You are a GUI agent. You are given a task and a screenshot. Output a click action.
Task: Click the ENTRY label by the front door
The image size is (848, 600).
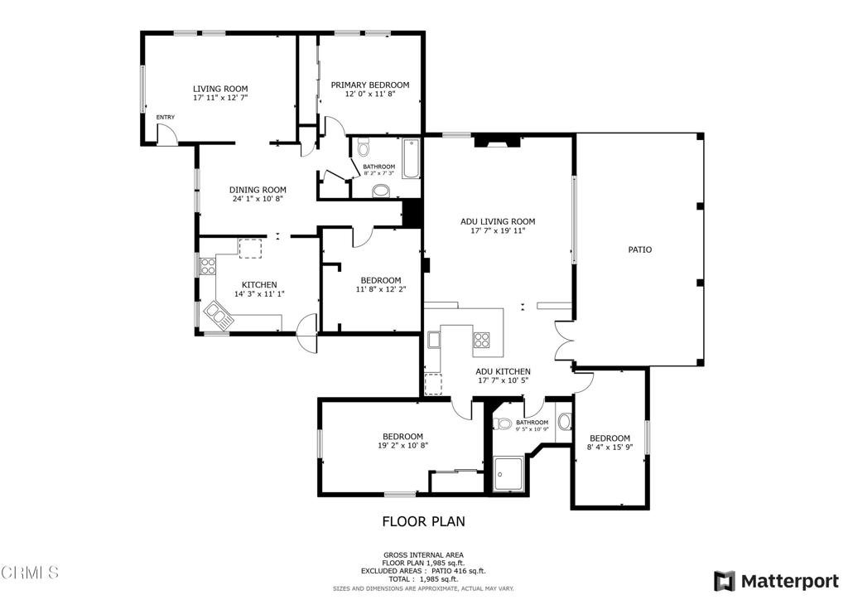[166, 117]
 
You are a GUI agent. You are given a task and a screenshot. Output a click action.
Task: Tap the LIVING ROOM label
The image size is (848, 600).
[220, 89]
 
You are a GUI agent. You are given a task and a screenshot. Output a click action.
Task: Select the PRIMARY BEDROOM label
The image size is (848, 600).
[370, 85]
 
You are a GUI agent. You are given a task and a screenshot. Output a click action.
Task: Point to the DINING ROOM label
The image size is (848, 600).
[258, 190]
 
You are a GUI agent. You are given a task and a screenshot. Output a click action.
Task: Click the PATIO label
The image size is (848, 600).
[639, 249]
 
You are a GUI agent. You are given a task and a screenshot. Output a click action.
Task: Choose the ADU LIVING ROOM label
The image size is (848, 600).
[498, 221]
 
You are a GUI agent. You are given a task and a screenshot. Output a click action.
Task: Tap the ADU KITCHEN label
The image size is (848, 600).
[503, 371]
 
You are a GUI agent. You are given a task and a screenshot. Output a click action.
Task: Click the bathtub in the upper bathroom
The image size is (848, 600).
[412, 159]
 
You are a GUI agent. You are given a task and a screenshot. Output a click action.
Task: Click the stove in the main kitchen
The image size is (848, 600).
[207, 267]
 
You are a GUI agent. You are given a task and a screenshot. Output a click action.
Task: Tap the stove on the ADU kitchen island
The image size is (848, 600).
[482, 339]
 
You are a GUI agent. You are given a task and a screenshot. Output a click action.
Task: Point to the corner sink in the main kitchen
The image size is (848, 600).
[219, 314]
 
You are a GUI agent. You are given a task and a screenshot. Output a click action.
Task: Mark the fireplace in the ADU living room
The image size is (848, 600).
[497, 142]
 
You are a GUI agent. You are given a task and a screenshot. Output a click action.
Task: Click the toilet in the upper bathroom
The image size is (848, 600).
[364, 149]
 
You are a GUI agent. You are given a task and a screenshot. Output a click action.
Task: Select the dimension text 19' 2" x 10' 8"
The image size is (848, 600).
[402, 446]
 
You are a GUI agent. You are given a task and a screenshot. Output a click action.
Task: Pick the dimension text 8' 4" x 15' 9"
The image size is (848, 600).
[609, 448]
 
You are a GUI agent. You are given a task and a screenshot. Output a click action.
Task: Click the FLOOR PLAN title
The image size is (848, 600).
[423, 521]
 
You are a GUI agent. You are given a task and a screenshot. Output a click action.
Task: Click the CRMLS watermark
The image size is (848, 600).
[31, 572]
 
